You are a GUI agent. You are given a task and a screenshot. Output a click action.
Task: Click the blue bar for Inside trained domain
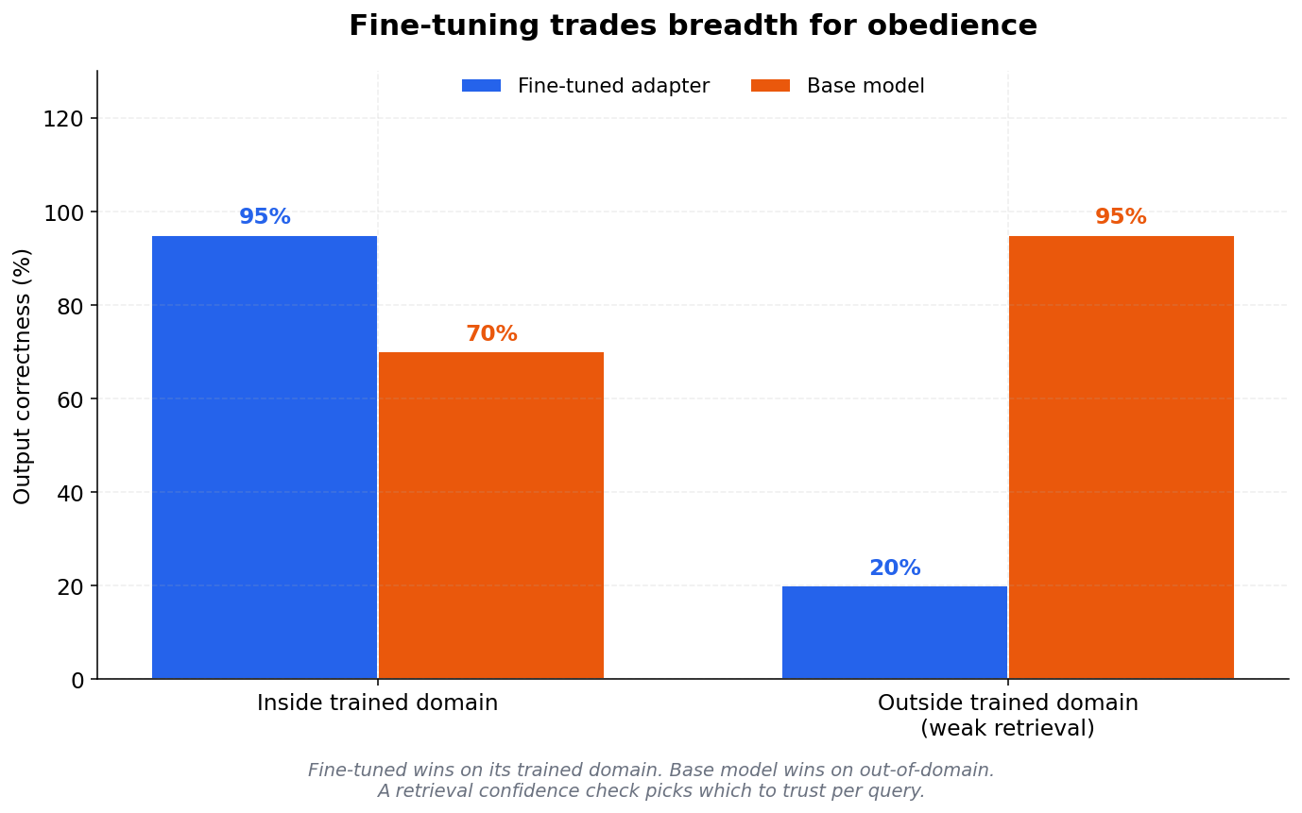(x=265, y=457)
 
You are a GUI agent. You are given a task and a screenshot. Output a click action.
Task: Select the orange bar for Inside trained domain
(x=491, y=516)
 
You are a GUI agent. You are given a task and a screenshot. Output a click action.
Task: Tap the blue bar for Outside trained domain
(x=895, y=632)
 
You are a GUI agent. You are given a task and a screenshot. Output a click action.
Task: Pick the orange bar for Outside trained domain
(x=1122, y=457)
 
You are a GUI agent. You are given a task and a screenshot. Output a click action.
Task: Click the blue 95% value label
(x=265, y=217)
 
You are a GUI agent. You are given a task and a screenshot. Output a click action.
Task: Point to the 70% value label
(x=491, y=334)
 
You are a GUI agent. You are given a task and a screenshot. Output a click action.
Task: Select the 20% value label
(x=895, y=568)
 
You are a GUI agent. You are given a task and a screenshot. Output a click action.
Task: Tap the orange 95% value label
(x=1121, y=217)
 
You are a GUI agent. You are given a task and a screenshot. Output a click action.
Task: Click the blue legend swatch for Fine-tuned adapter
(x=481, y=86)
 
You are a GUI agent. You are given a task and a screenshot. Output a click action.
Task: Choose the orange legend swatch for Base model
(x=770, y=86)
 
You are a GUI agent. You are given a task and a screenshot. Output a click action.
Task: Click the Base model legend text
(x=865, y=86)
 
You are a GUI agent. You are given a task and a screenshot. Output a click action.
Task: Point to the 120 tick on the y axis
(x=71, y=119)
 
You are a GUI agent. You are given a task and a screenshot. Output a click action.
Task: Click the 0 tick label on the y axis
(x=77, y=680)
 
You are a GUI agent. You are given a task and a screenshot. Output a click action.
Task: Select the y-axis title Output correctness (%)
(x=23, y=376)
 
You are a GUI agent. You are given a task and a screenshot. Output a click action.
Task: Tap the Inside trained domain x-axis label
(x=377, y=703)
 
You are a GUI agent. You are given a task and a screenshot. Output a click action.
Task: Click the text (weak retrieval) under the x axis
(x=1007, y=729)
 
